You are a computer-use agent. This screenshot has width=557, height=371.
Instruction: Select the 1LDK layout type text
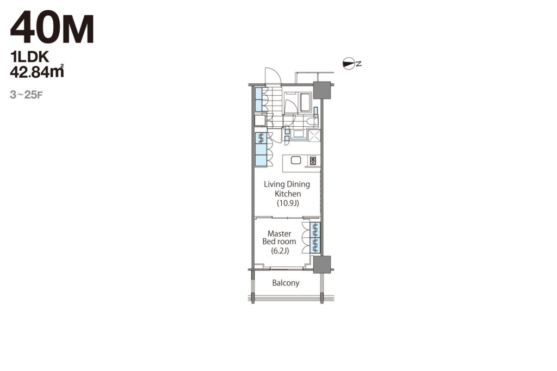[29, 57]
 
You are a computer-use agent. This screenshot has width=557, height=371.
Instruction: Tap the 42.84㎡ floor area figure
[37, 71]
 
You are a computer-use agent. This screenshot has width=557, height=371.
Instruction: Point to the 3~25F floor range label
[27, 95]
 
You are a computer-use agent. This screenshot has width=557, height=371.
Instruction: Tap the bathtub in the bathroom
[306, 102]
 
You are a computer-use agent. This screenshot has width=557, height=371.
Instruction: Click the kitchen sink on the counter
[295, 160]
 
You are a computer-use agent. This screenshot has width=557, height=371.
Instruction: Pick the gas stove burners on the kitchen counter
[313, 160]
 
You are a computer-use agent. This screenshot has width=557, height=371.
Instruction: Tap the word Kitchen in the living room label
[288, 194]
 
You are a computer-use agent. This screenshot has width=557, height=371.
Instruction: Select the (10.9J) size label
[288, 203]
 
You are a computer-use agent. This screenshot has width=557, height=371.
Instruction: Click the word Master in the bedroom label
[279, 233]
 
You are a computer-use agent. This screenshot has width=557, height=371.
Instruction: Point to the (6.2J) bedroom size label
[280, 251]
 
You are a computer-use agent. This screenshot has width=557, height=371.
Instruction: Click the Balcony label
[286, 283]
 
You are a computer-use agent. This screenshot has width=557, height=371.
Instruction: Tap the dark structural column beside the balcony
[322, 264]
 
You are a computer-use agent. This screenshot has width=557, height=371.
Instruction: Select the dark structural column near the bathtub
[322, 90]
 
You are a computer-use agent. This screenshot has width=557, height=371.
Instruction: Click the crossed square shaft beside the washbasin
[314, 136]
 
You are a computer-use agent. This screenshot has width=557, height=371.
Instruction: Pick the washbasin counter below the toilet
[298, 135]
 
